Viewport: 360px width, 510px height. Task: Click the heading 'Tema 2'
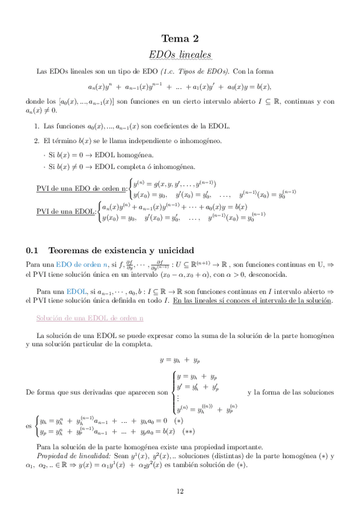180,39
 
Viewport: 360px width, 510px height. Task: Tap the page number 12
180,491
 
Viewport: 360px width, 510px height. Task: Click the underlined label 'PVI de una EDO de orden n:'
82,189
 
